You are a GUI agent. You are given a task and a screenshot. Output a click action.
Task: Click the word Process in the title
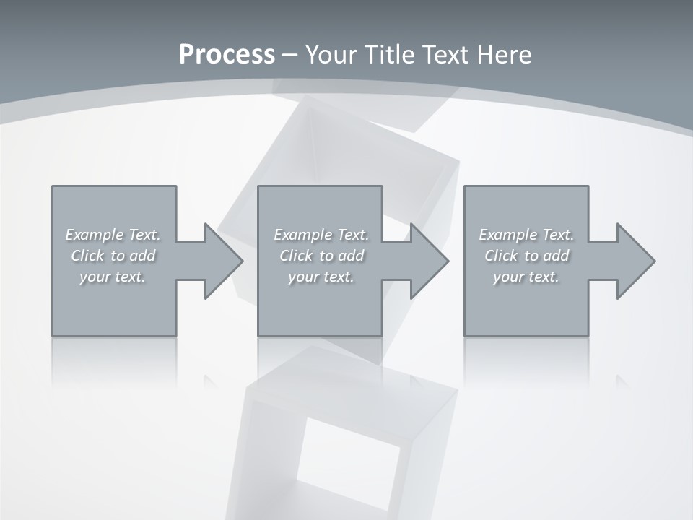[227, 55]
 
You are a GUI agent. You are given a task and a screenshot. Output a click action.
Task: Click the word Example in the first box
[95, 235]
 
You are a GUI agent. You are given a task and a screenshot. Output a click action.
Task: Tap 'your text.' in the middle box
[321, 277]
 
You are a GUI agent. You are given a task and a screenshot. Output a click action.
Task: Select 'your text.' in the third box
[526, 277]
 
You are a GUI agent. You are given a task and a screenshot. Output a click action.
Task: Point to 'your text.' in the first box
[113, 277]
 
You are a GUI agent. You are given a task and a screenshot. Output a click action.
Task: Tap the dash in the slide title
[290, 55]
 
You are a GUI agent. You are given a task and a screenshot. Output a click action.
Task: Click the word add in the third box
[556, 256]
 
